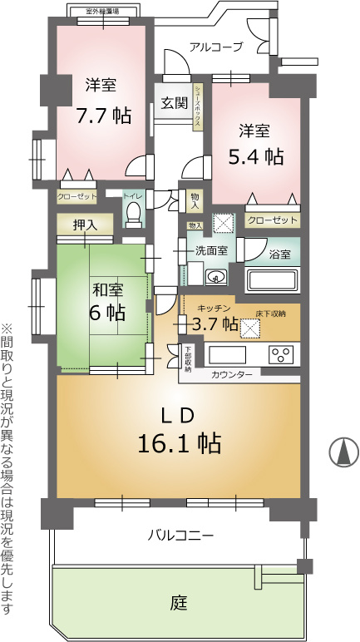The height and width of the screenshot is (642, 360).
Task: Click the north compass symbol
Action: click(342, 452)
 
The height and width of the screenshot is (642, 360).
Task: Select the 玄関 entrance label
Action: click(174, 105)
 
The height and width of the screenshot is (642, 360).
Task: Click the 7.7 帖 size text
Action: click(103, 114)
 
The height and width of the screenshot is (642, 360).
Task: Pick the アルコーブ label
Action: click(215, 47)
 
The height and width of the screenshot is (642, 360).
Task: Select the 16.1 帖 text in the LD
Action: click(178, 442)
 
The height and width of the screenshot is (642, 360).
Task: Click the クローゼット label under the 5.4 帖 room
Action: click(272, 220)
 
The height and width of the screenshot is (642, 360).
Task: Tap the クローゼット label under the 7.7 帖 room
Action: click(76, 197)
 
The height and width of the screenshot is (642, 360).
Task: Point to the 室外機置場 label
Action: click(102, 12)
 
